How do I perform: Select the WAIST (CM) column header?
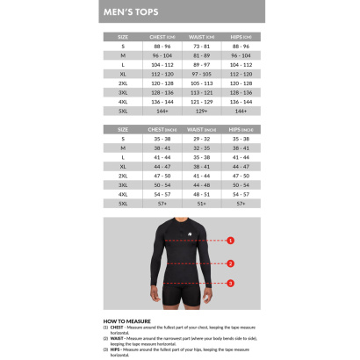pos(200,36)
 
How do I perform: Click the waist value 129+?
pos(200,112)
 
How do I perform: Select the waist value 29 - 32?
pos(201,139)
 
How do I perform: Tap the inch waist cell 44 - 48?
pos(201,184)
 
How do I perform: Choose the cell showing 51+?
pos(201,203)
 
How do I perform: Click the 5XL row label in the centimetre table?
pos(123,112)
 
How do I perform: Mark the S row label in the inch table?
pos(123,139)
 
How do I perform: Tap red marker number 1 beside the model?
pos(231,239)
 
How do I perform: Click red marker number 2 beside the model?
pos(231,263)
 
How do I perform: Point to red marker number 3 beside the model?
pos(231,283)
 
